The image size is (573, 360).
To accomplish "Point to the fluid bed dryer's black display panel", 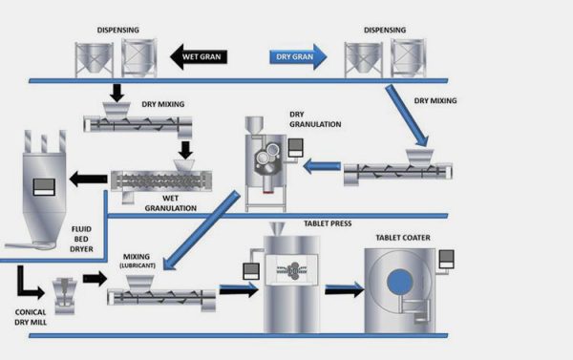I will click(x=44, y=185).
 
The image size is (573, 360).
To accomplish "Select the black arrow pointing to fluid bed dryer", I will click(x=86, y=177).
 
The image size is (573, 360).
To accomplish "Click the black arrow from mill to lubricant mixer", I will click(x=93, y=278).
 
